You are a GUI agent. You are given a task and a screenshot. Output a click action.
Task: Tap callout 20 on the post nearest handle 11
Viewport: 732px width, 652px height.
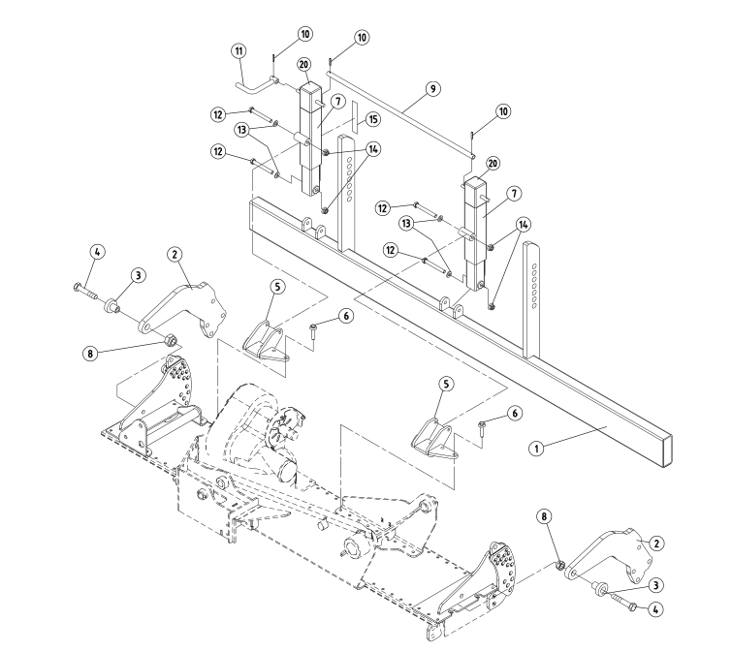click(x=303, y=66)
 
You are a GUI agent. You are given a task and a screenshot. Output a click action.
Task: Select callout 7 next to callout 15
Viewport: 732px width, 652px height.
click(x=338, y=101)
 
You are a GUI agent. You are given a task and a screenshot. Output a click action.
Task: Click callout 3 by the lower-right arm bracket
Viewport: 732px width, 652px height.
click(x=655, y=584)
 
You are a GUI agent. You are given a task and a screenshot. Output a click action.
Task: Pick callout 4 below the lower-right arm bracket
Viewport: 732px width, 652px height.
click(x=655, y=609)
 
